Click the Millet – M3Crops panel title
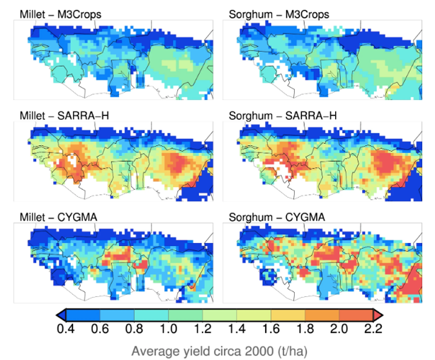pos(60,14)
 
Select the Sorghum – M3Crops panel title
pos(279,14)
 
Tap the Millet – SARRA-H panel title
pos(64,116)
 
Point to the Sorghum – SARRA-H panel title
pos(283,116)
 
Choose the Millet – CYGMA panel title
pos(59,217)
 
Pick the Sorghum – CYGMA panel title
pos(277,217)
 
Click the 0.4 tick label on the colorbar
pos(65,329)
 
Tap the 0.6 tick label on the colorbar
pos(100,329)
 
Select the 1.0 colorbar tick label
pos(169,329)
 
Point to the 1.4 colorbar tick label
pos(237,329)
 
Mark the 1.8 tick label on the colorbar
pos(305,329)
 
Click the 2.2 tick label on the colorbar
pos(373,329)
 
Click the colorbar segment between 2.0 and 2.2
pos(356,315)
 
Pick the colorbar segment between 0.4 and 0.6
pos(83,315)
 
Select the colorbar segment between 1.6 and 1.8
pos(288,315)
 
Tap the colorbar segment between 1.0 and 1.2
pos(186,315)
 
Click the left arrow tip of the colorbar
pos(57,315)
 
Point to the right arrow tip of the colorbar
pos(383,315)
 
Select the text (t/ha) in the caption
pos(293,351)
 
